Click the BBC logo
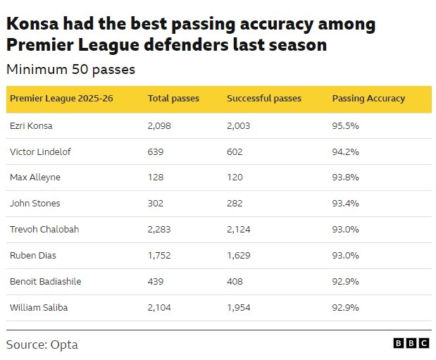pos(411,343)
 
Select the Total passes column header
pos(173,99)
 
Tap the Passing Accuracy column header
pos(368,99)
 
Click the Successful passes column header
pos(264,99)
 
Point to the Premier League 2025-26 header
pos(61,99)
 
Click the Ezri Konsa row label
pos(31,125)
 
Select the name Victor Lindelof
pos(40,152)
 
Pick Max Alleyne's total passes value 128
pos(156,178)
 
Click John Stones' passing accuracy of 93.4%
pos(345,204)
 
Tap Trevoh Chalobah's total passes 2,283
pos(159,230)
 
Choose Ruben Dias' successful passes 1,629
pos(239,256)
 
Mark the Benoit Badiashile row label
pos(46,282)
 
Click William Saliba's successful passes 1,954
pos(239,308)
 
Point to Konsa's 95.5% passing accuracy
pos(345,125)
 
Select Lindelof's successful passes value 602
pos(235,152)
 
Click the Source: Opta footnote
pos(42,345)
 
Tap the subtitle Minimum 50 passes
pos(70,69)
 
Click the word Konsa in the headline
pos(32,23)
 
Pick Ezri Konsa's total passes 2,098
pos(159,125)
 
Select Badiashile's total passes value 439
pos(156,282)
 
